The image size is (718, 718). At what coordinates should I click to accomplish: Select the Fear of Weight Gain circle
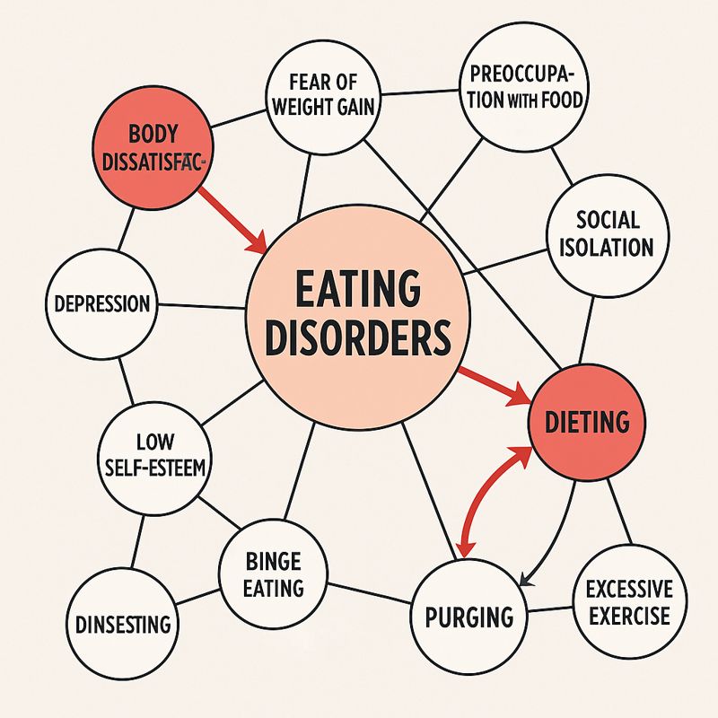point(324,99)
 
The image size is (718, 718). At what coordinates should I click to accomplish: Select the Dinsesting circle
point(122,622)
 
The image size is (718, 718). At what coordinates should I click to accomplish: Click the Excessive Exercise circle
point(627,602)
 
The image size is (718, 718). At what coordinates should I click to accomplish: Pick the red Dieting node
point(587,421)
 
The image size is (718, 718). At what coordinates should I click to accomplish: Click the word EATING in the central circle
point(357,292)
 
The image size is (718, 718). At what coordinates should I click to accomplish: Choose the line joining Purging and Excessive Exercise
point(549,610)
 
